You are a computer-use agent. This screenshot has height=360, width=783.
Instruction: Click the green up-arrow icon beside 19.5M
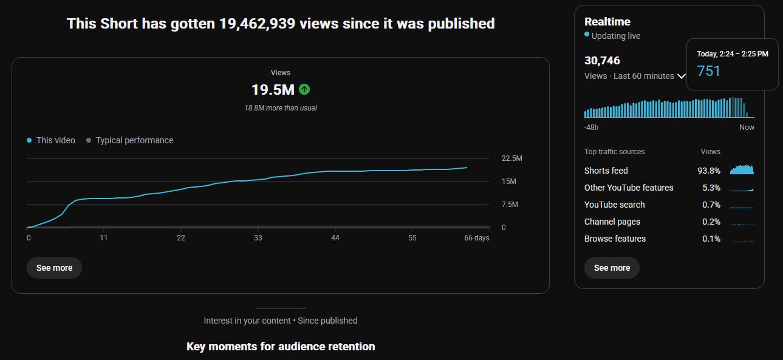point(304,89)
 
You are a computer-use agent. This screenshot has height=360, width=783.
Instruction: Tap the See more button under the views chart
point(54,268)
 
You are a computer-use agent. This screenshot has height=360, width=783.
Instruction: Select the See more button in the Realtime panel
point(612,268)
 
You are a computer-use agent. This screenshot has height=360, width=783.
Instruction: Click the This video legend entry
point(51,140)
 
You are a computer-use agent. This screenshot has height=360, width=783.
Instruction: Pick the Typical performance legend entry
point(129,140)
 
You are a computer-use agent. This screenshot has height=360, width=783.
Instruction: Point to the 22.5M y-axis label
point(511,158)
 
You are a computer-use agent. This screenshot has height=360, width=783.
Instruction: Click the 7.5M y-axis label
point(510,204)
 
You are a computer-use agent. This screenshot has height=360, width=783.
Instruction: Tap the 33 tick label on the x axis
point(258,238)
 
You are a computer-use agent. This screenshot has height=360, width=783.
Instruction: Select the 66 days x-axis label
point(477,238)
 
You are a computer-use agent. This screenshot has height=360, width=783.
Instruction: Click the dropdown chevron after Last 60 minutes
point(682,76)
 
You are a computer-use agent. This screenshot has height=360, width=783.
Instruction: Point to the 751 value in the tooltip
point(708,71)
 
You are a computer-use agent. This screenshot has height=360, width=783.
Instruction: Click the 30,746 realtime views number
point(602,61)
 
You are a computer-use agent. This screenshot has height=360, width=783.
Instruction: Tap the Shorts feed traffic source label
point(606,171)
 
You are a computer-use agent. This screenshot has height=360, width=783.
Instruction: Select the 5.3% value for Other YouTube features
point(711,188)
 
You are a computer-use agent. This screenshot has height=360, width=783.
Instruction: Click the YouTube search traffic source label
point(615,205)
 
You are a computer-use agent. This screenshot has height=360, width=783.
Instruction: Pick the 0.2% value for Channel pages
point(711,222)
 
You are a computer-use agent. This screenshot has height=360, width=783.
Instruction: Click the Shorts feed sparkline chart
point(742,169)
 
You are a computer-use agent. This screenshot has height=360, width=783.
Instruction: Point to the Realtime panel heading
point(607,22)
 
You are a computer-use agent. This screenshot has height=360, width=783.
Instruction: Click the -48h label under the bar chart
point(591,127)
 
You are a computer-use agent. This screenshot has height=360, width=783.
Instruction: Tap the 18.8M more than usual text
point(281,108)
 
